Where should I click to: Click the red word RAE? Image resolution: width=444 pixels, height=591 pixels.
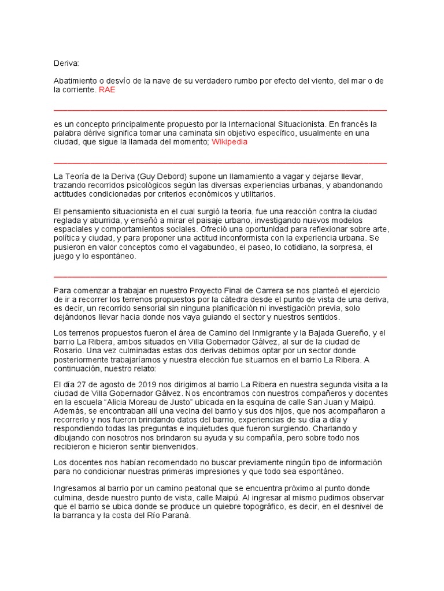click(x=107, y=90)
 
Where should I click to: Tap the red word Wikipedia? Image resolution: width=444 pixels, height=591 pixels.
click(x=230, y=142)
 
